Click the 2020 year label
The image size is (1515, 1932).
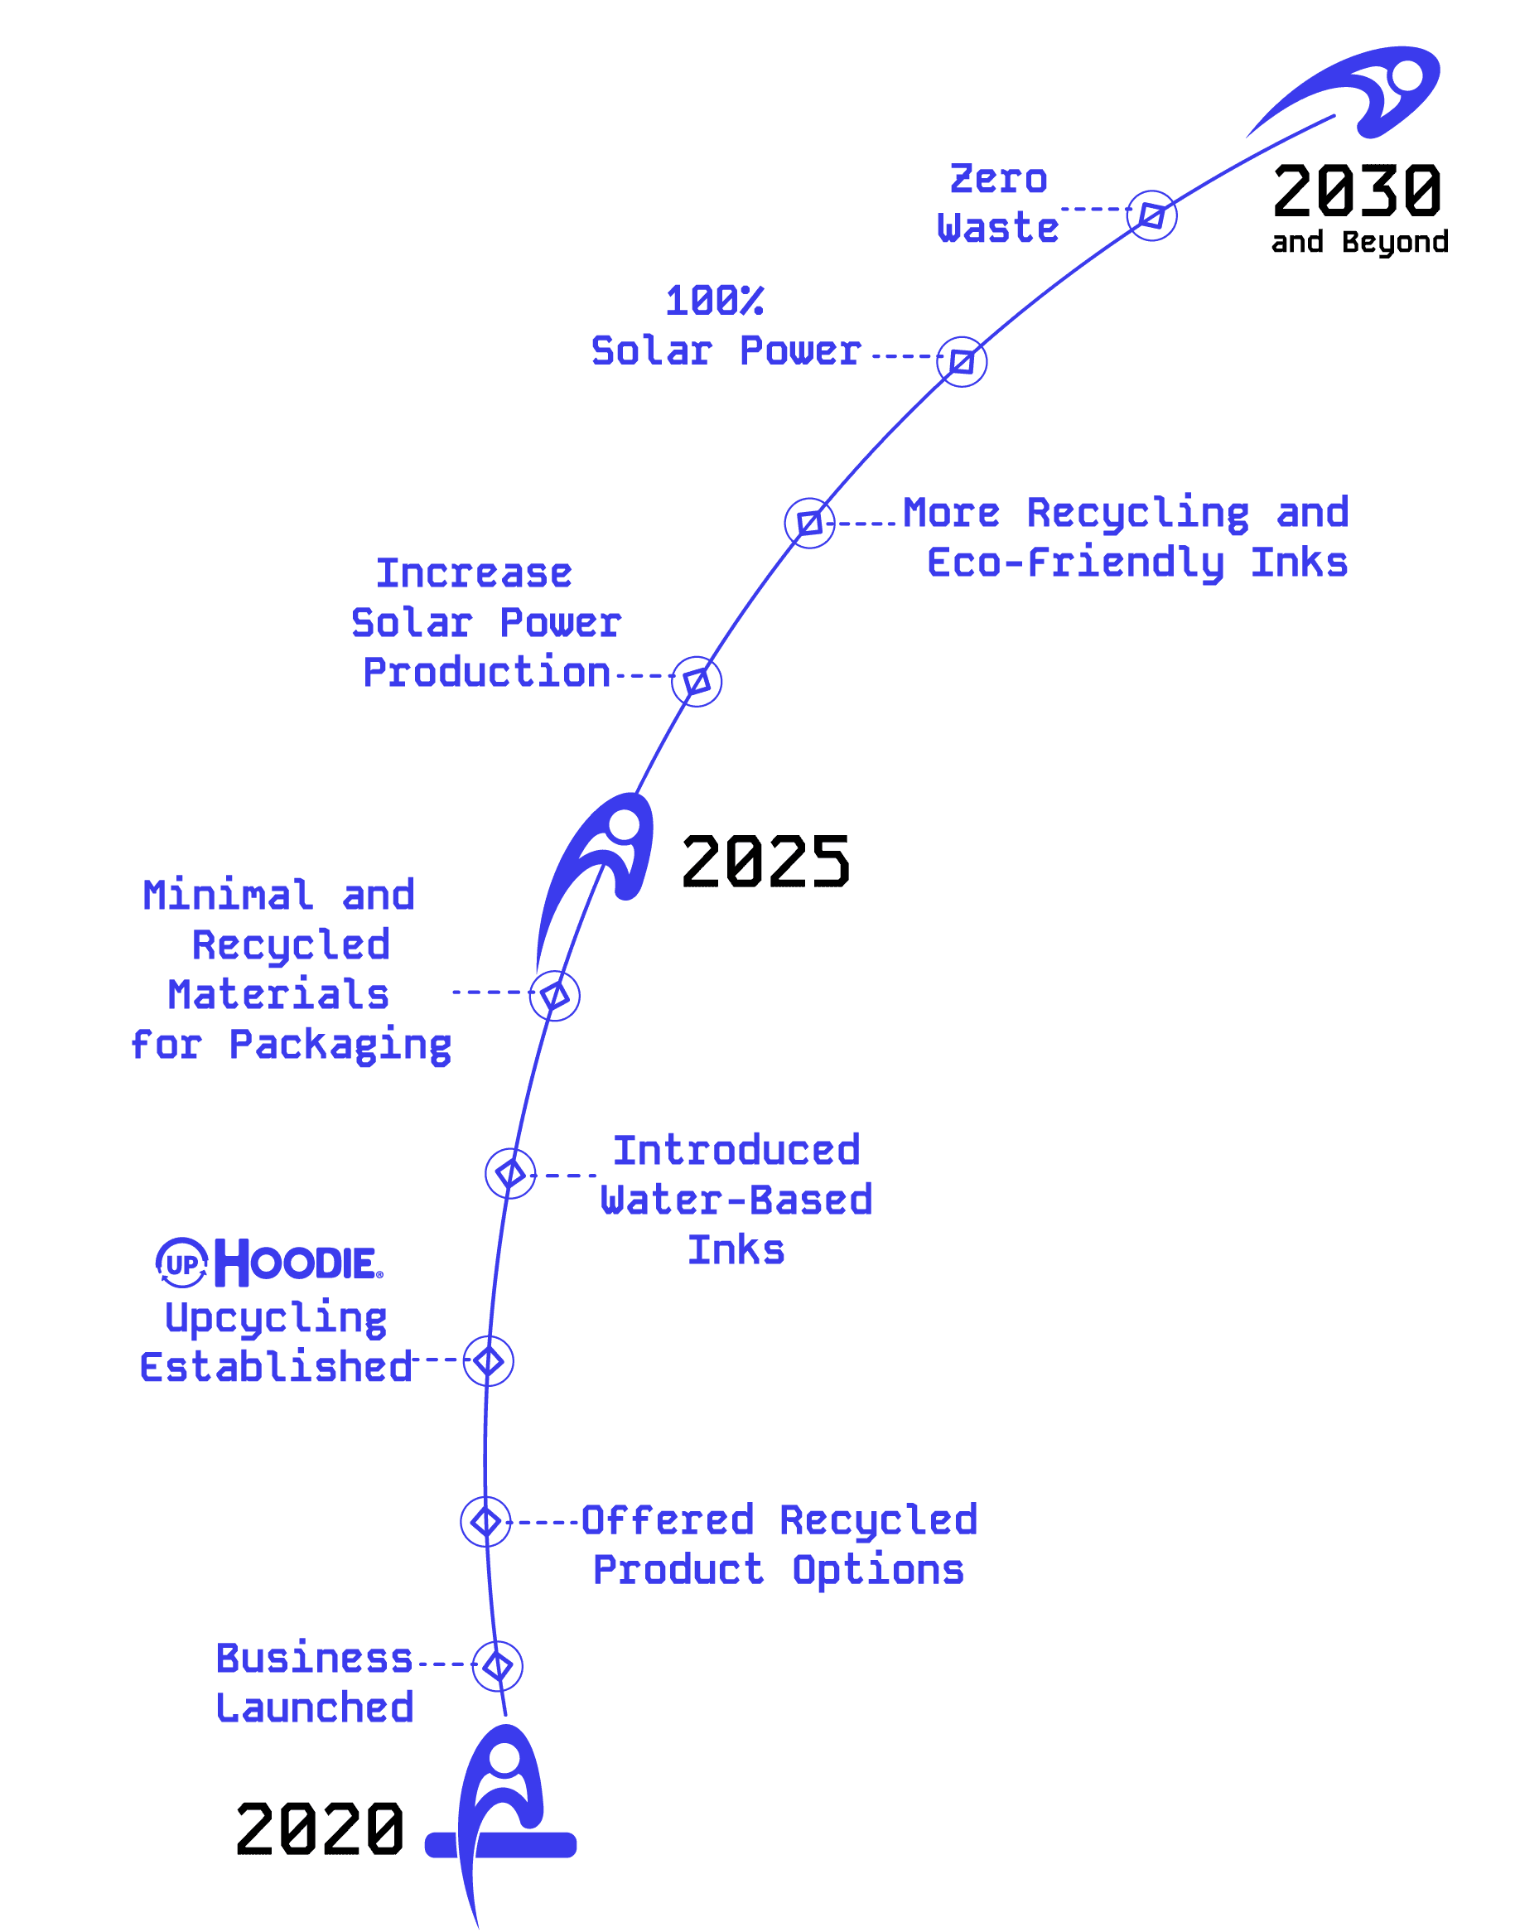point(320,1829)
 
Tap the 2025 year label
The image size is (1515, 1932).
point(765,862)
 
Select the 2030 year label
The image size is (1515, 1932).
point(1356,191)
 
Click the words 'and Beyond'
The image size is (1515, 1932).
point(1359,242)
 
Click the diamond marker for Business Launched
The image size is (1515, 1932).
point(498,1666)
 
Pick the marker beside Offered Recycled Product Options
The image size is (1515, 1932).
point(485,1521)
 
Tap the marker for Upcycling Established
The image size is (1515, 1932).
point(488,1360)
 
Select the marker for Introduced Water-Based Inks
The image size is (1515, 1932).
point(510,1174)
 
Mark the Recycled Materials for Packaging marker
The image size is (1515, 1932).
point(554,995)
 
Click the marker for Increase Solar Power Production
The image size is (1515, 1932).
point(697,681)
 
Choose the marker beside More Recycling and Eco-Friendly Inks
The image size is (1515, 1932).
point(809,523)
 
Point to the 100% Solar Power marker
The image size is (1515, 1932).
point(962,362)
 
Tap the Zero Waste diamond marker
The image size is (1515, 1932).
point(1151,215)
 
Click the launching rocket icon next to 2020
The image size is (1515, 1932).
point(501,1809)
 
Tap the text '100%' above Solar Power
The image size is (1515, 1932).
point(714,301)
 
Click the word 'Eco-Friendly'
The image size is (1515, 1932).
point(1075,563)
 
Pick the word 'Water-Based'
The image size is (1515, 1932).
point(736,1200)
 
